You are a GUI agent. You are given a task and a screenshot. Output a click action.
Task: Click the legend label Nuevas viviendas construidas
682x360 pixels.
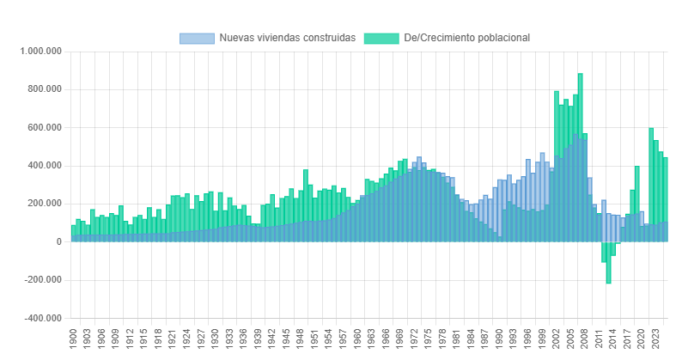coord(287,38)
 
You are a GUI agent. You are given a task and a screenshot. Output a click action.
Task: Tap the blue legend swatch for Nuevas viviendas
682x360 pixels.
coord(196,38)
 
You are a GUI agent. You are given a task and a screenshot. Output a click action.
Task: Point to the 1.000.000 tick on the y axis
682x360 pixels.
coord(40,52)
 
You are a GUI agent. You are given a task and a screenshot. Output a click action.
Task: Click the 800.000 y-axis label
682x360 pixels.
coord(44,89)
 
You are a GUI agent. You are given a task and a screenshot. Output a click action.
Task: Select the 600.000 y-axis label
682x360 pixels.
coord(44,127)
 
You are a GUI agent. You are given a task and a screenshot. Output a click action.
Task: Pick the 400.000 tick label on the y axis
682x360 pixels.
coord(44,166)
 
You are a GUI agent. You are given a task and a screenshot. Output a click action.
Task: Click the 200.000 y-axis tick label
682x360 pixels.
coord(44,204)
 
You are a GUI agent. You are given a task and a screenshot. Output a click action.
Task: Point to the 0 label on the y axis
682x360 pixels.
coord(58,241)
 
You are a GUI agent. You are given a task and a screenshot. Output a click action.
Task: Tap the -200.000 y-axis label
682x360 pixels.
coord(42,280)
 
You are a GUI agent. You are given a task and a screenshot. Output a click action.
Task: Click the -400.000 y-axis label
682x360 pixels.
coord(42,318)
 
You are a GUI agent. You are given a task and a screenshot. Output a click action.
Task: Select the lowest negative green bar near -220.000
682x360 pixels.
coord(608,266)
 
